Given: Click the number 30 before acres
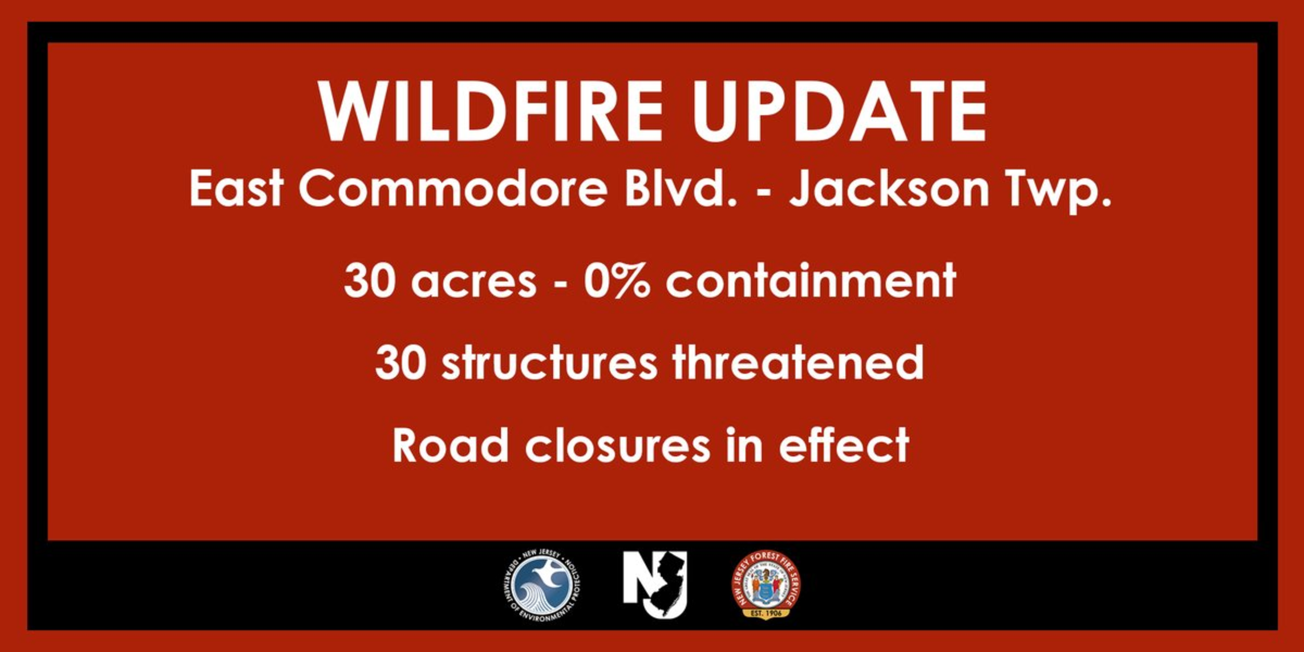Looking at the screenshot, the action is pyautogui.click(x=370, y=280).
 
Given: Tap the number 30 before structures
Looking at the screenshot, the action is pyautogui.click(x=400, y=363).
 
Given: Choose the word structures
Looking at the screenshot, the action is pyautogui.click(x=550, y=363).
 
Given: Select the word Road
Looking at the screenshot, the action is pyautogui.click(x=451, y=445).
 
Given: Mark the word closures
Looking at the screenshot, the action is pyautogui.click(x=618, y=445).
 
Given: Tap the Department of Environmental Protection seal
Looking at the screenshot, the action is pyautogui.click(x=542, y=585).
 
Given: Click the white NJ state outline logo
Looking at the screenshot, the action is pyautogui.click(x=655, y=585).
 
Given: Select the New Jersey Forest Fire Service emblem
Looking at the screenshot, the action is pyautogui.click(x=766, y=585).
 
